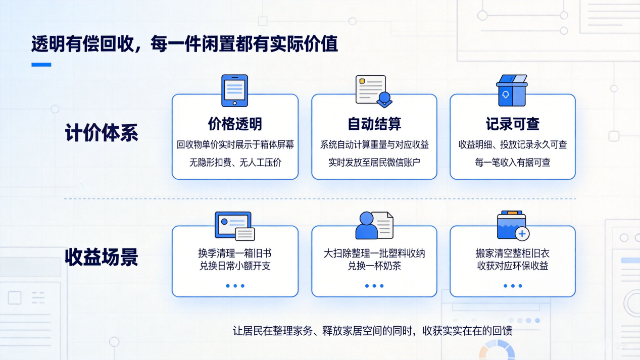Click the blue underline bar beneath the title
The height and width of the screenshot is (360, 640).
tap(41, 65)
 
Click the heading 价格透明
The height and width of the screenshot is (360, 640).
tap(235, 124)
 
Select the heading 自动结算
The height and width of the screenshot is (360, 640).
tap(374, 124)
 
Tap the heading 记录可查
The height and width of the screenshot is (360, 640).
tap(513, 124)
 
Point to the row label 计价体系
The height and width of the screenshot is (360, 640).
tap(102, 133)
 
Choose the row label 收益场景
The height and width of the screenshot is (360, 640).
tap(102, 257)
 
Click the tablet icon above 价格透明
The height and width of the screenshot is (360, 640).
tap(234, 91)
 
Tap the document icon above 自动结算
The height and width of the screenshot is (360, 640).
tap(374, 91)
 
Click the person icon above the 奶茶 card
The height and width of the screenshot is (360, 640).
tap(366, 226)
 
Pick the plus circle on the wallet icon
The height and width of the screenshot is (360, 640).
tap(522, 234)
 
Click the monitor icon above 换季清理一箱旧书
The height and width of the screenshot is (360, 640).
tap(233, 225)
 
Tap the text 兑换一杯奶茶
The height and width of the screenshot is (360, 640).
tap(374, 266)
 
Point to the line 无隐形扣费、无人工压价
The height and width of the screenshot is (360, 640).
tap(235, 163)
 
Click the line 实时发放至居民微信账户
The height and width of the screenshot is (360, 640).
tap(374, 163)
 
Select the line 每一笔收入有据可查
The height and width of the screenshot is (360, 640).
tap(513, 163)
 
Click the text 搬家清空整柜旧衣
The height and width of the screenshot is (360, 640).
tap(513, 253)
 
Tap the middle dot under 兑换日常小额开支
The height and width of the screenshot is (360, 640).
tap(235, 286)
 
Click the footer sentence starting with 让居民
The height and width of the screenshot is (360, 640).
tap(373, 331)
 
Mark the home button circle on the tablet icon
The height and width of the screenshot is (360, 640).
tap(234, 104)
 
